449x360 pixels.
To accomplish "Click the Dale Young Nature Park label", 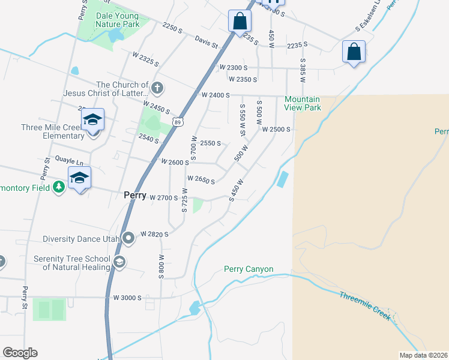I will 118,19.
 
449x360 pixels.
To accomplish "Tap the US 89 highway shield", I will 177,122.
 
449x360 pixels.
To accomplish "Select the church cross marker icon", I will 157,89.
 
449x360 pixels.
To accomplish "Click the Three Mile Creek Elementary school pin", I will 93,121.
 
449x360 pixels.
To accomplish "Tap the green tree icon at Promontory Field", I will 59,187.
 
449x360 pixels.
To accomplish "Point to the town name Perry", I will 134,196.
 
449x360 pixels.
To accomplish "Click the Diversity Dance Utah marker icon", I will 128,238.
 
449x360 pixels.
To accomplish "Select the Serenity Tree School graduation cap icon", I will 119,262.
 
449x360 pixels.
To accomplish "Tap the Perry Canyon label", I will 249,269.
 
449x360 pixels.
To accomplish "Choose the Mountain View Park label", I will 303,103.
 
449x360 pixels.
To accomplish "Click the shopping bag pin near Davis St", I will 240,22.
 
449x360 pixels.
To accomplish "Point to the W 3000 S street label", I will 127,298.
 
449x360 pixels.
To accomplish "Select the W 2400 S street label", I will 215,95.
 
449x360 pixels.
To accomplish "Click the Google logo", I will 20,353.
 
